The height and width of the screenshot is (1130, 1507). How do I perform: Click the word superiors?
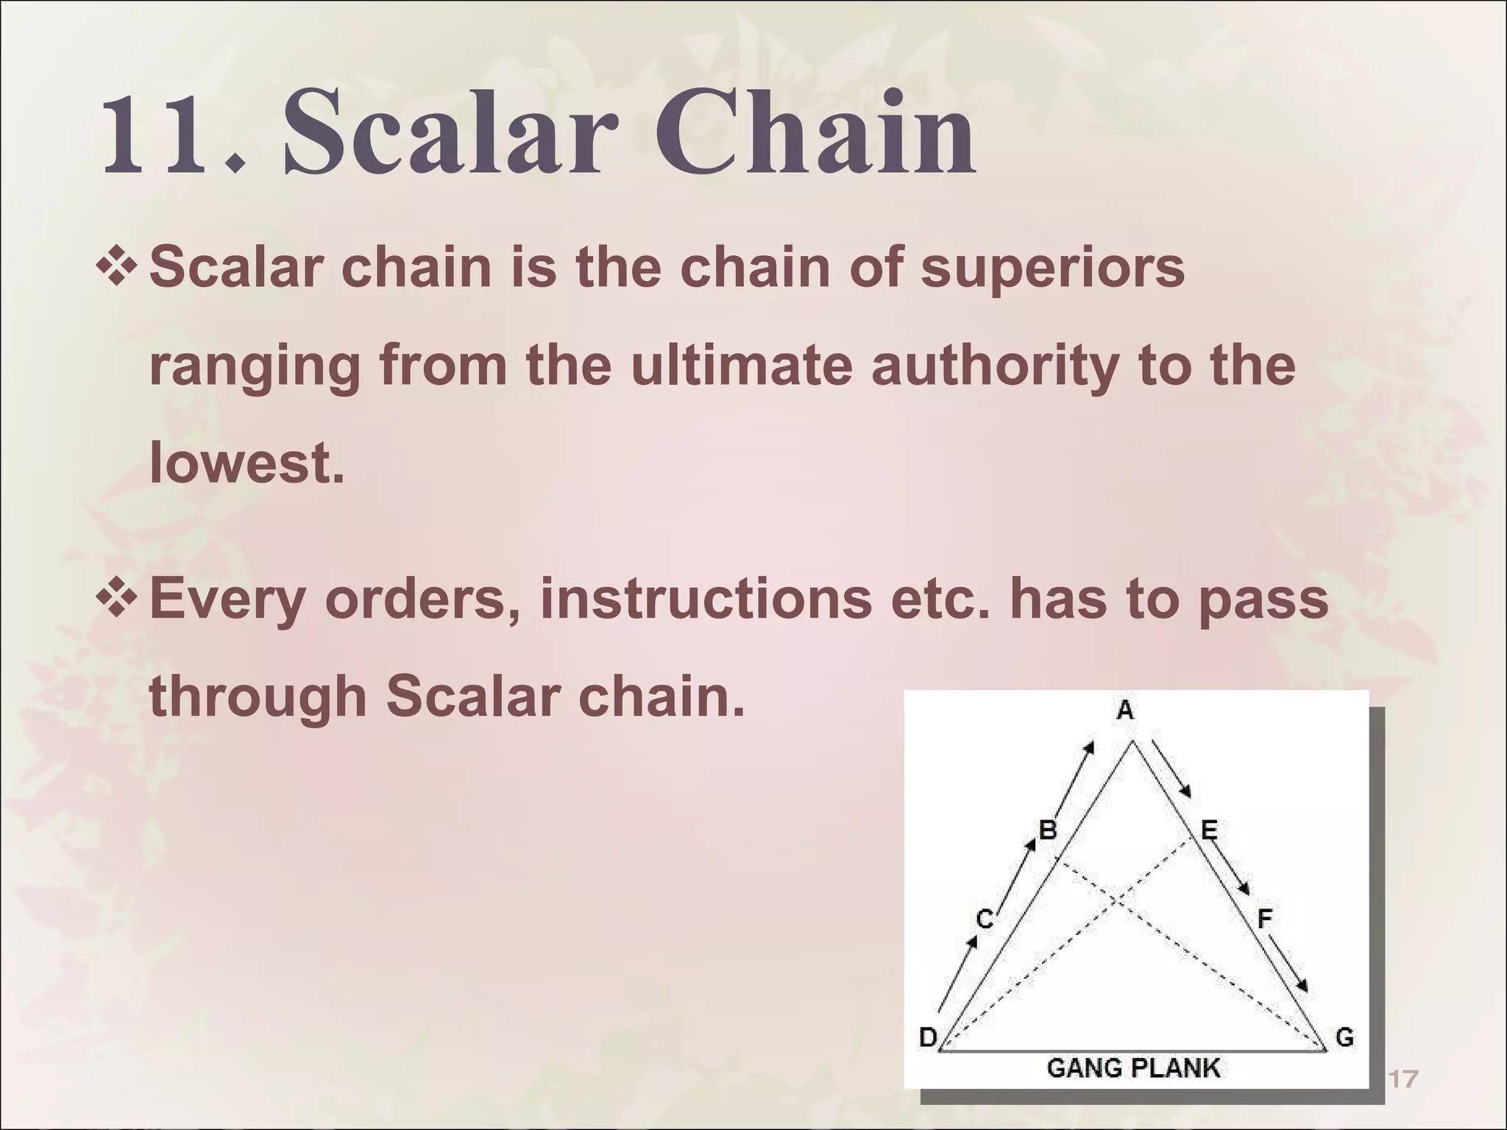point(1053,268)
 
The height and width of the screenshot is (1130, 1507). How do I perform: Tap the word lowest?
point(247,464)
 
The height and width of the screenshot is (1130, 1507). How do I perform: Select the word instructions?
point(706,599)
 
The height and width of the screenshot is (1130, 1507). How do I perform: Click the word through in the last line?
point(258,697)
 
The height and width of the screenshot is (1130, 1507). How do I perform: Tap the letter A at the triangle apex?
point(1125,711)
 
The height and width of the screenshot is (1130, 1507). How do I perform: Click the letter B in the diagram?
point(1048,831)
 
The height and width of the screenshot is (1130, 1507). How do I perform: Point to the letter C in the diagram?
point(985,920)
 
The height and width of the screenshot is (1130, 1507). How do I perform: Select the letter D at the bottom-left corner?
point(928,1038)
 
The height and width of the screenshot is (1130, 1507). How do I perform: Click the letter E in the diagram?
point(1209,831)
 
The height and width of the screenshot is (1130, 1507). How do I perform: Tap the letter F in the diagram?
point(1265,918)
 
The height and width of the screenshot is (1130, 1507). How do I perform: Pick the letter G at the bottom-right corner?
point(1344,1038)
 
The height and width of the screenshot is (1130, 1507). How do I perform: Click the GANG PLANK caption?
point(1132,1067)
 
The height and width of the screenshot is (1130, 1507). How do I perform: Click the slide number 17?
point(1403,1079)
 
